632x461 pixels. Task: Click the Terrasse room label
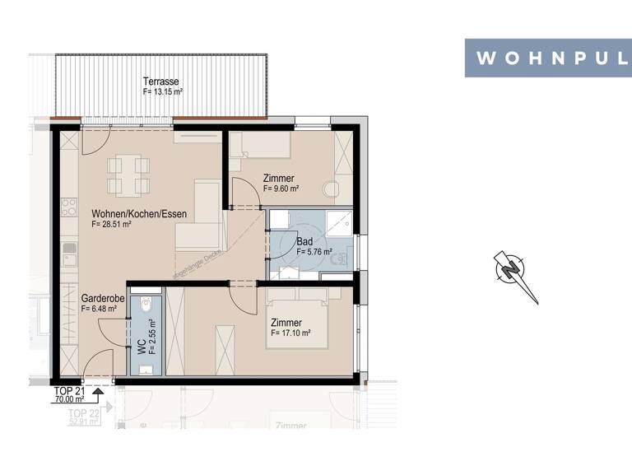pos(162,81)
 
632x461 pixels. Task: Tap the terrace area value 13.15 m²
pos(163,92)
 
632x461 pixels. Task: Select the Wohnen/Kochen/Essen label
pos(139,214)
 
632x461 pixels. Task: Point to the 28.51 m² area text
pos(112,225)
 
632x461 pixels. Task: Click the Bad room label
pos(304,242)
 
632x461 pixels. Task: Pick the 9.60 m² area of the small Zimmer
pos(281,189)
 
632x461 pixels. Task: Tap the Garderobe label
pos(103,299)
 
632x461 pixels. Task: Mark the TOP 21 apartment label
pos(68,390)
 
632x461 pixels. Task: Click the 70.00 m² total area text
pos(70,399)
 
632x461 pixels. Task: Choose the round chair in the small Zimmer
pos(332,189)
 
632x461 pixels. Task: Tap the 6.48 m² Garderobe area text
pos(99,309)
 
